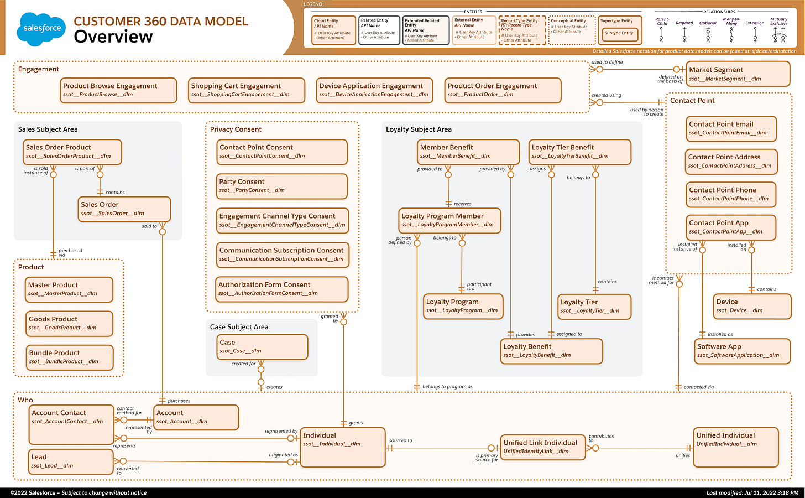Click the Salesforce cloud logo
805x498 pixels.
[x=42, y=28]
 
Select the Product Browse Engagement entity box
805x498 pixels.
[x=118, y=90]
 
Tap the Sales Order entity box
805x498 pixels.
[x=124, y=209]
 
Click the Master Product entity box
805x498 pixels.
[x=70, y=289]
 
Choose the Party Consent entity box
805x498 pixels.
[x=283, y=186]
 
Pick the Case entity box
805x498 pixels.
[x=263, y=346]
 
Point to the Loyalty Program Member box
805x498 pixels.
[x=449, y=220]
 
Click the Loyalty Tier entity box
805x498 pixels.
[x=594, y=306]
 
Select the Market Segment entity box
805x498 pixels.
[x=738, y=74]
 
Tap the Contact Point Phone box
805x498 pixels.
[x=731, y=194]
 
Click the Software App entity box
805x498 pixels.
[x=742, y=351]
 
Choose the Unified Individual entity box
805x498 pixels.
[x=736, y=447]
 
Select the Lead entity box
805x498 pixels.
[x=71, y=461]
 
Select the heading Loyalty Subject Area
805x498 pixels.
[x=419, y=129]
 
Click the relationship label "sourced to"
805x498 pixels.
[x=400, y=441]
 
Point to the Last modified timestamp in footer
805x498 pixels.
[x=752, y=493]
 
